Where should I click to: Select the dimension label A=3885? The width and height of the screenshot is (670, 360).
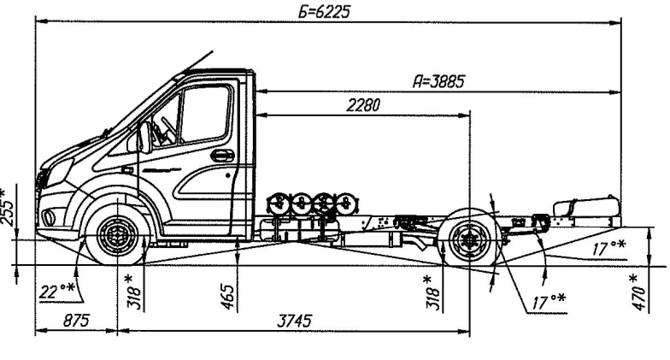(444, 81)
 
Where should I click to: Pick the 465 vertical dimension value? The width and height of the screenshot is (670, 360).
(229, 298)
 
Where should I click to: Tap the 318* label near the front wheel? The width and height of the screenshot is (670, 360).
(129, 291)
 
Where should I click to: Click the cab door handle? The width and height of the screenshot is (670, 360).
(222, 156)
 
